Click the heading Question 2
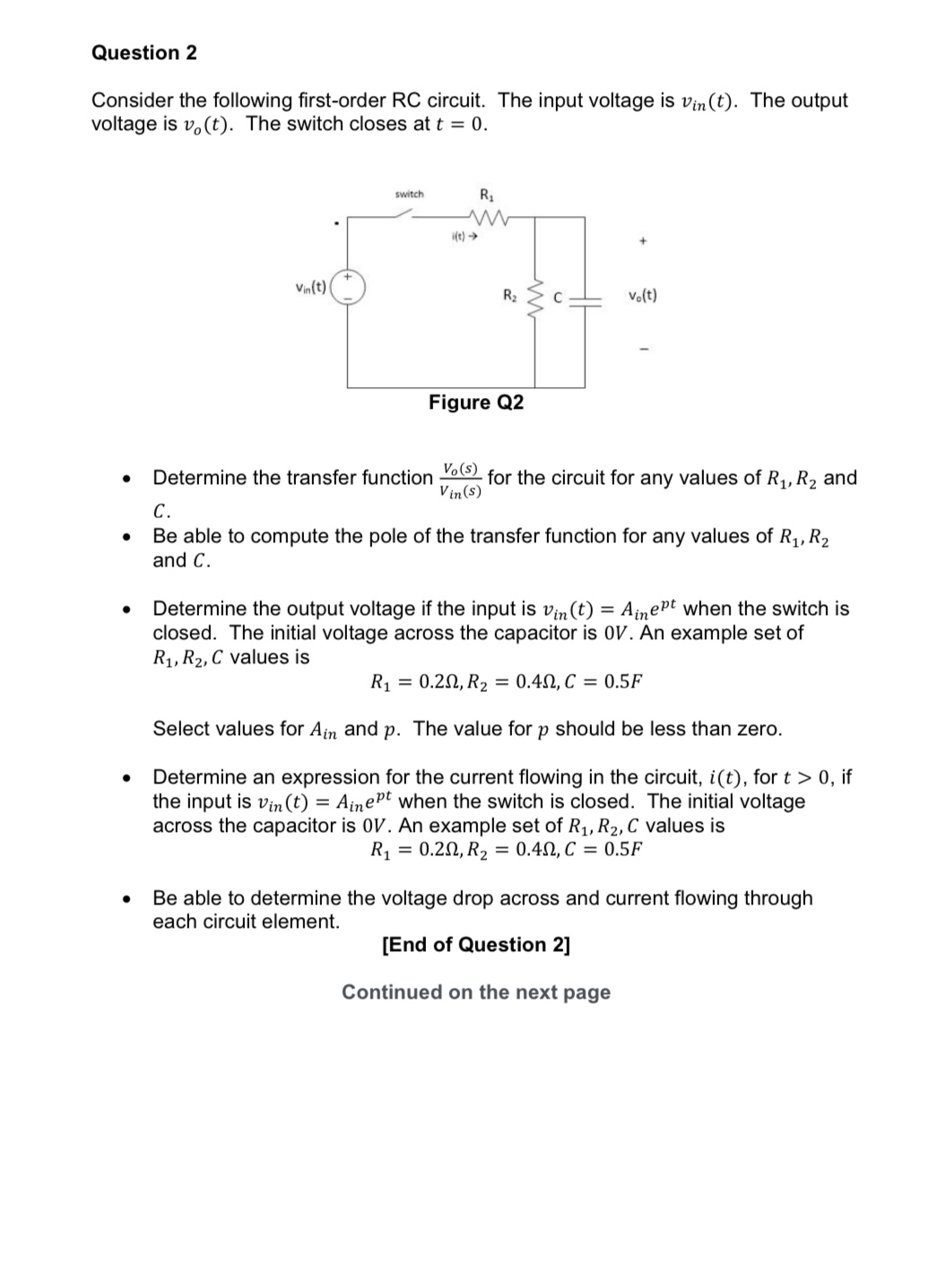pos(143,53)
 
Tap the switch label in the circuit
pos(410,195)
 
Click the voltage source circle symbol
pos(348,287)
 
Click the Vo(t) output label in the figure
pos(642,295)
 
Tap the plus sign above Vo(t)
pos(642,241)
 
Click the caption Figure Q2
pos(475,402)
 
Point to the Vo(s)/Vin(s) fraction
pos(460,480)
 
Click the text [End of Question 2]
pos(475,945)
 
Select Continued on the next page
pos(475,992)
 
